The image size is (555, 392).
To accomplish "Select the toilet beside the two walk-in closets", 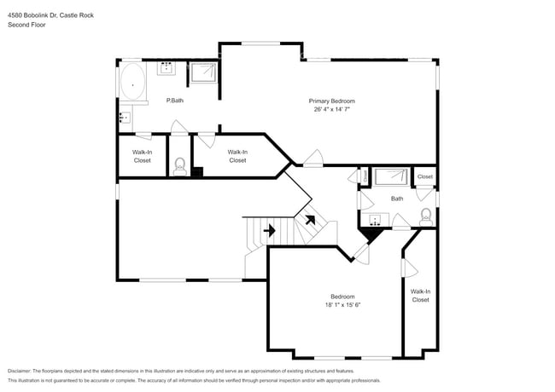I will pyautogui.click(x=179, y=165).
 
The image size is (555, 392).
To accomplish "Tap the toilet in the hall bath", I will pyautogui.click(x=425, y=216).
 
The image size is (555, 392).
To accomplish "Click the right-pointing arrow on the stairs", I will pyautogui.click(x=269, y=230).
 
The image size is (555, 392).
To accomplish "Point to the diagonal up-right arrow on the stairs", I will pyautogui.click(x=309, y=220).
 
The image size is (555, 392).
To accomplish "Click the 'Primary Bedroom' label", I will pyautogui.click(x=331, y=101).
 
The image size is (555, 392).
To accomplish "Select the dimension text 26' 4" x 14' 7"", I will pyautogui.click(x=331, y=109).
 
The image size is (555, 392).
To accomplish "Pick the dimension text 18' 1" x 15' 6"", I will pyautogui.click(x=343, y=305).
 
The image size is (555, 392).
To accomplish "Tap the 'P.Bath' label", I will pyautogui.click(x=174, y=101).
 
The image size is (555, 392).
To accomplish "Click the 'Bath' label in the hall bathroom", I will pyautogui.click(x=397, y=199).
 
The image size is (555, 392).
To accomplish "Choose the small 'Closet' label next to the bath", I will pyautogui.click(x=424, y=177).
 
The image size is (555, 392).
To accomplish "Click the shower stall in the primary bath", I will pyautogui.click(x=203, y=73).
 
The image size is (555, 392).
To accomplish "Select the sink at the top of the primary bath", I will pyautogui.click(x=166, y=66).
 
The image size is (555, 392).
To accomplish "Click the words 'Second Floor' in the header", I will pyautogui.click(x=26, y=25).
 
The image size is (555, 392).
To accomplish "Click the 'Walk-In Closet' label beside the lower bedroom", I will pyautogui.click(x=420, y=296).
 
